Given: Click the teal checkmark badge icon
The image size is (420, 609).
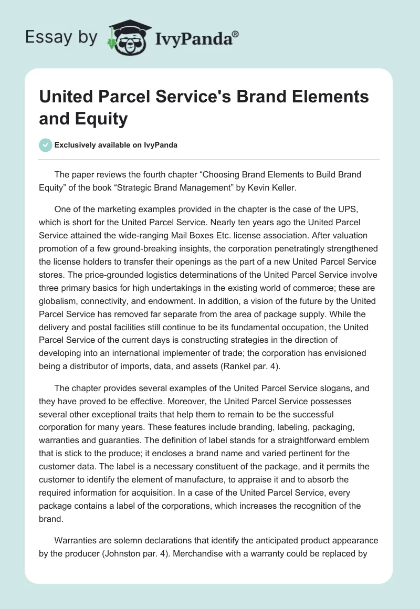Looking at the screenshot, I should pos(46,145).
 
